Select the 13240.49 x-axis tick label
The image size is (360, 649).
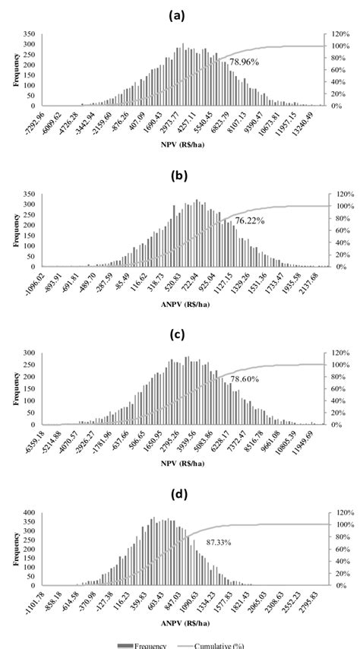point(304,122)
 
